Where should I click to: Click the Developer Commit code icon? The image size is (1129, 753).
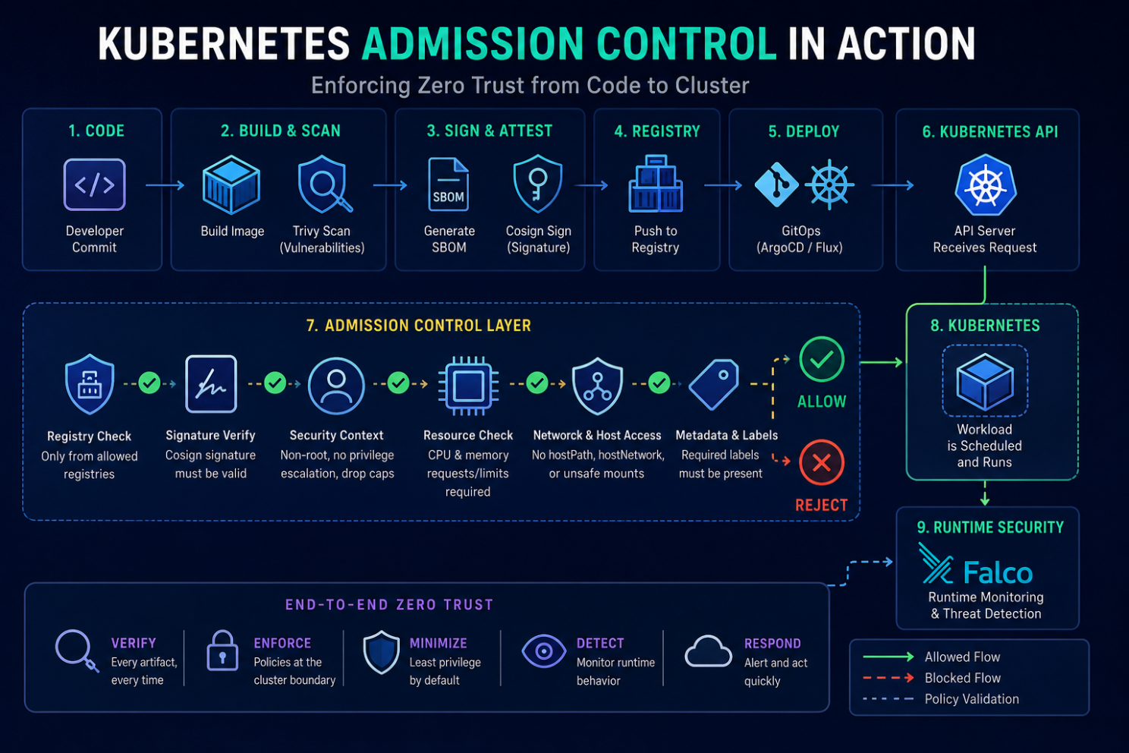pyautogui.click(x=94, y=184)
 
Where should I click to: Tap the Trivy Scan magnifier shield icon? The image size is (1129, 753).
pyautogui.click(x=324, y=184)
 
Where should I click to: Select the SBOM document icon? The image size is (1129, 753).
pyautogui.click(x=448, y=184)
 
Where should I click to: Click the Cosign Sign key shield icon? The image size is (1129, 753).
pyautogui.click(x=537, y=184)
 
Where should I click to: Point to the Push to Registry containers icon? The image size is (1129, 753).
pyautogui.click(x=656, y=183)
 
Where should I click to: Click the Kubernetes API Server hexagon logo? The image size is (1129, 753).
pyautogui.click(x=986, y=184)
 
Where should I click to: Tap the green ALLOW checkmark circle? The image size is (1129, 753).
pyautogui.click(x=822, y=359)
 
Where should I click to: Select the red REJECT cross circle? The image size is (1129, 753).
pyautogui.click(x=822, y=462)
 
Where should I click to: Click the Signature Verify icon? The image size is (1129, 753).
pyautogui.click(x=211, y=384)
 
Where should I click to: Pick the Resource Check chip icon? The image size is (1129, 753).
pyautogui.click(x=468, y=386)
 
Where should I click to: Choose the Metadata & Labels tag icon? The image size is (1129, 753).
pyautogui.click(x=714, y=385)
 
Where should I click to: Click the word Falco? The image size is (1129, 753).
pyautogui.click(x=998, y=572)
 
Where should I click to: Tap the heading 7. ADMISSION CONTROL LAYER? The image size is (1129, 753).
pyautogui.click(x=419, y=326)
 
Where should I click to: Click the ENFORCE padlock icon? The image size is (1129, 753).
pyautogui.click(x=222, y=651)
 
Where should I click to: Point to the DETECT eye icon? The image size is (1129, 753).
pyautogui.click(x=544, y=651)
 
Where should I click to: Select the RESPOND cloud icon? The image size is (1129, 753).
pyautogui.click(x=708, y=651)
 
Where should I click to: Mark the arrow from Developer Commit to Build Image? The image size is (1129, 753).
pyautogui.click(x=165, y=186)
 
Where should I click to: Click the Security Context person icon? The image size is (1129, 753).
pyautogui.click(x=336, y=386)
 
